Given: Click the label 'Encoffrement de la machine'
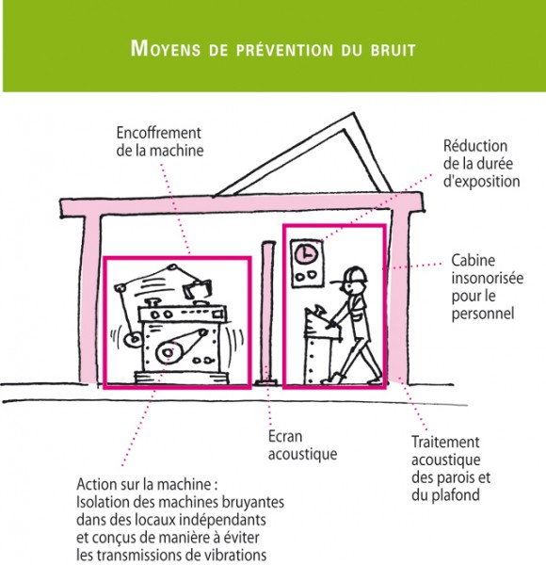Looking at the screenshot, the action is [x=160, y=141].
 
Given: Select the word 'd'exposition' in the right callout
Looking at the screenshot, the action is [x=482, y=181].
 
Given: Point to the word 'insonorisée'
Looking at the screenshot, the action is [x=488, y=278].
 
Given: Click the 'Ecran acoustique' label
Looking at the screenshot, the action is [x=302, y=445].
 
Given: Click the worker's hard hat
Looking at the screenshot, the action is [x=356, y=274].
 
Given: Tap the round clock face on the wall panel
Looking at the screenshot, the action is [x=306, y=254].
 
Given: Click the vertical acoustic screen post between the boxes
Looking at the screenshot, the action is [x=267, y=313].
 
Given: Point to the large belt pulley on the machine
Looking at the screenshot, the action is [x=168, y=352].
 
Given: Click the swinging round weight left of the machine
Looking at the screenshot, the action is [x=133, y=339].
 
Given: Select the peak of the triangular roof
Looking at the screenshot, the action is [x=354, y=114].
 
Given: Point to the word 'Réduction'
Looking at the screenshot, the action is [x=475, y=146].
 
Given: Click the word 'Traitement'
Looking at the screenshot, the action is [x=445, y=442].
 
